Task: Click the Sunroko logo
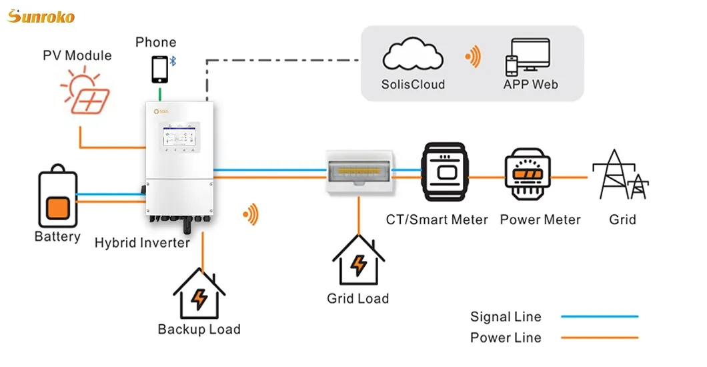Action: coord(41,16)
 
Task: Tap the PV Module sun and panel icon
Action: coord(85,91)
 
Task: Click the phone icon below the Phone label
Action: coord(159,68)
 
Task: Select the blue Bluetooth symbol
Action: coord(172,61)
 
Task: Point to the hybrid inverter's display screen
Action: coord(177,139)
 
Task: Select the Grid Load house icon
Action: coord(358,261)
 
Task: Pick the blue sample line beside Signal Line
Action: coord(599,316)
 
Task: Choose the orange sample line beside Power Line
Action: coord(599,338)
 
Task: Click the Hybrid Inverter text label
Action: coord(142,242)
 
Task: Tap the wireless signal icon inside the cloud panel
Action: coord(474,58)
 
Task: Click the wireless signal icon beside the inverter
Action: coord(251,214)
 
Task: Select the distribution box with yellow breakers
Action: coord(358,172)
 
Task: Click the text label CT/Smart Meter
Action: coord(437,220)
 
